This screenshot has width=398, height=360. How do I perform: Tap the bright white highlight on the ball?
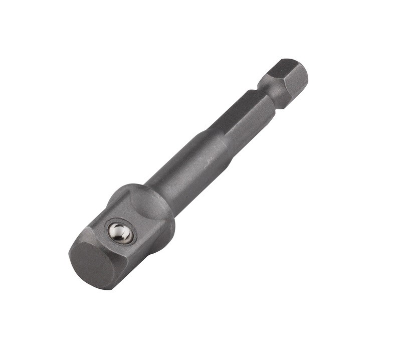point(118,231)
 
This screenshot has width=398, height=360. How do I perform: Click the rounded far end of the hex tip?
point(305,75)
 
